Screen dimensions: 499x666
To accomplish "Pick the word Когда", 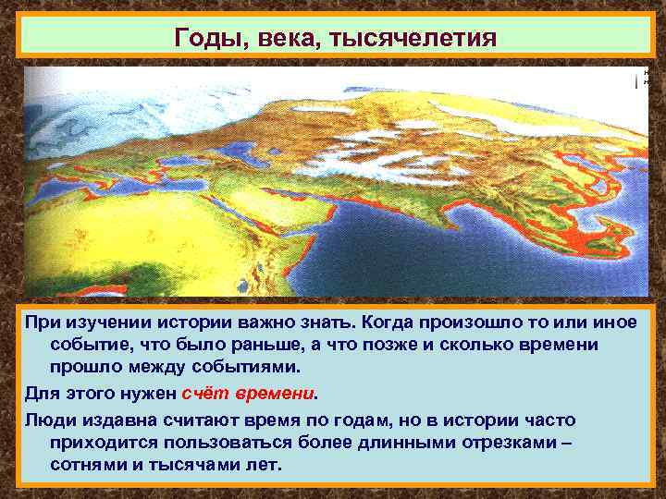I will (388, 323).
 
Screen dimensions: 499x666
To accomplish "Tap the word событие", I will (89, 344).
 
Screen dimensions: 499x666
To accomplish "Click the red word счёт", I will (205, 392).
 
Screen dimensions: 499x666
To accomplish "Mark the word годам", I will (369, 420).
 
